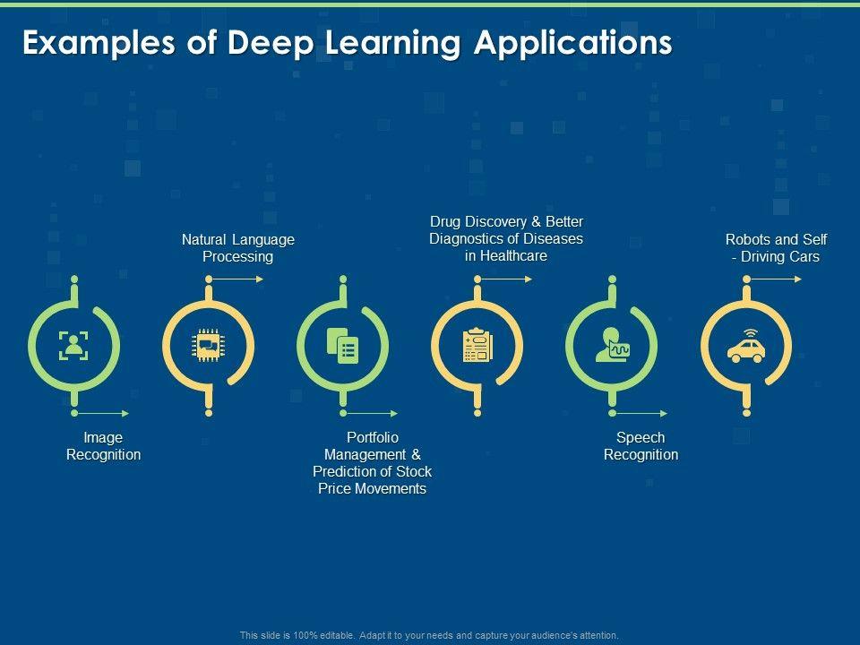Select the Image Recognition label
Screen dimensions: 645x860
point(104,446)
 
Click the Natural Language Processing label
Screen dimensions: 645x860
point(238,248)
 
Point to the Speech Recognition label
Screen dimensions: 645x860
point(641,446)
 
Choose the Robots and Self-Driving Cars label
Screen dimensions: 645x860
point(776,248)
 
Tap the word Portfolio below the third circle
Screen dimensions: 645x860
point(372,437)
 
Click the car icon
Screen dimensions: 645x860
point(745,347)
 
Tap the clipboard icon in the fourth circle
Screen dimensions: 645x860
point(477,346)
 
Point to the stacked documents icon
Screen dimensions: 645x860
point(342,346)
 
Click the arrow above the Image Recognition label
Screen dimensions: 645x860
point(102,413)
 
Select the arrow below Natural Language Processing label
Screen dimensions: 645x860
point(237,279)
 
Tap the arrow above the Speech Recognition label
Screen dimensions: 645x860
point(640,413)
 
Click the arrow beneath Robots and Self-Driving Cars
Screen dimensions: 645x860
point(775,279)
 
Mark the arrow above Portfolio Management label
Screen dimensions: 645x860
point(371,413)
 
